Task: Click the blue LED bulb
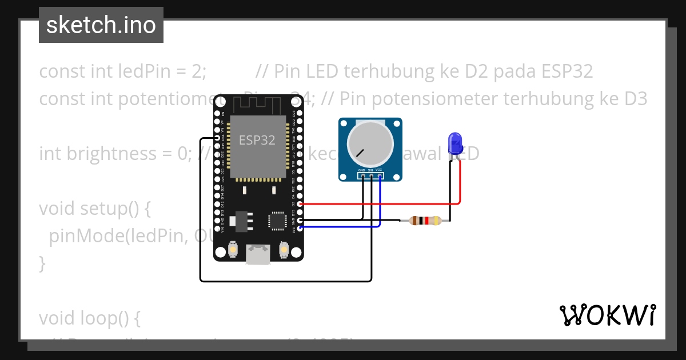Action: click(455, 143)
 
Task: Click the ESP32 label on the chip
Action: click(257, 141)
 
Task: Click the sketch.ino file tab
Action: click(101, 25)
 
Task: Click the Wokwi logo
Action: click(607, 315)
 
